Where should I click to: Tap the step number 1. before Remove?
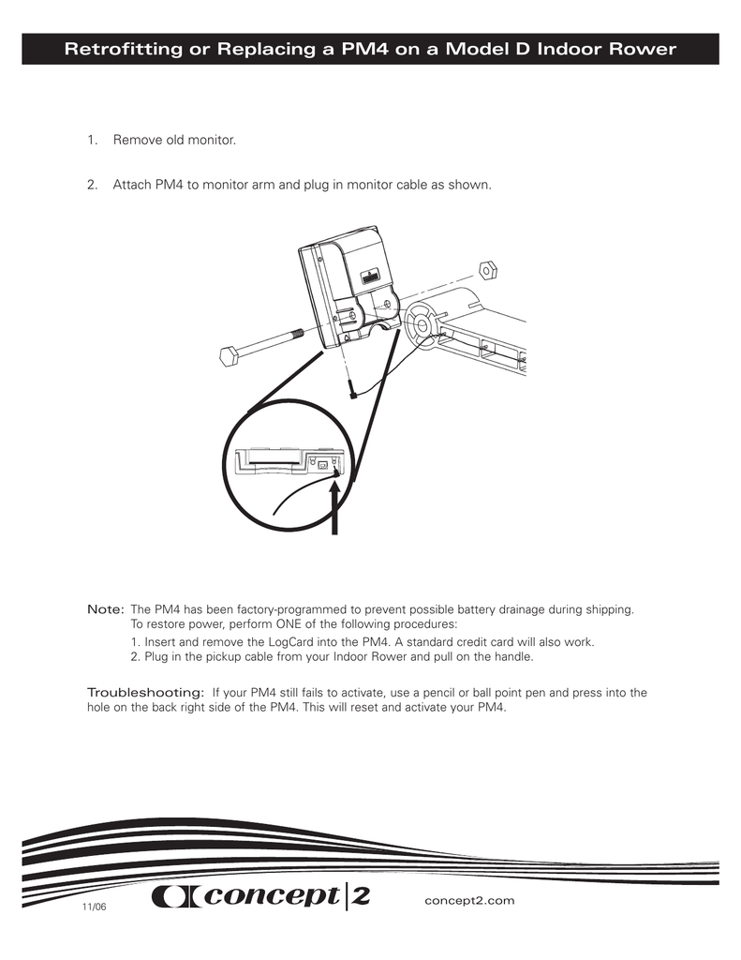point(92,141)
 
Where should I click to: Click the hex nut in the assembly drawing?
point(487,270)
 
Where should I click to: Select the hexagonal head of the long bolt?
point(229,355)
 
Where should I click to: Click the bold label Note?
point(105,609)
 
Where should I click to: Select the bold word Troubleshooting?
point(145,692)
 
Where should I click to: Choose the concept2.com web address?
point(470,900)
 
